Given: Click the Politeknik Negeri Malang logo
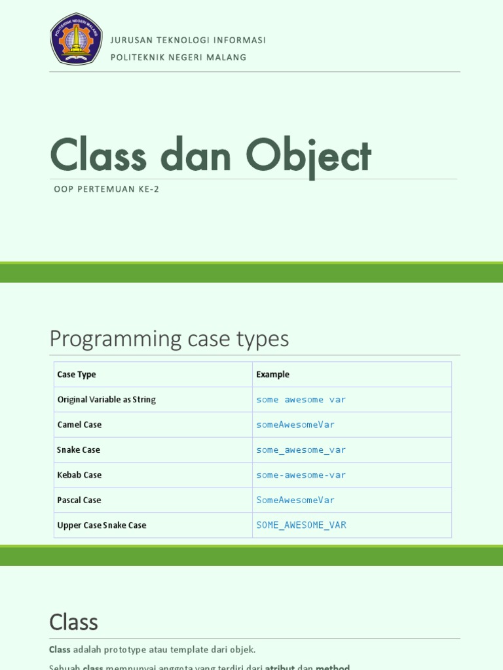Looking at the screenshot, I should (x=77, y=39).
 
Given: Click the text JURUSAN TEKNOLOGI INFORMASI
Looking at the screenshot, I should (x=188, y=40).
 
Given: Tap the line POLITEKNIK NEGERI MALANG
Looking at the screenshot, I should (x=178, y=58).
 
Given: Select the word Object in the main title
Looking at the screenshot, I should (x=308, y=156).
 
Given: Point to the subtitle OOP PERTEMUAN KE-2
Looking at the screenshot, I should (x=107, y=190).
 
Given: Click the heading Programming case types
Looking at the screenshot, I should (x=169, y=339).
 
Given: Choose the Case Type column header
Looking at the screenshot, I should (x=77, y=375).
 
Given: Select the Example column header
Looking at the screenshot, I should (x=272, y=375).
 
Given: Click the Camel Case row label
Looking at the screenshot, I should (x=79, y=425).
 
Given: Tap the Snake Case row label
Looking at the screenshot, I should (x=79, y=450).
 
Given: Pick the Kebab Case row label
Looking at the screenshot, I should (x=79, y=475).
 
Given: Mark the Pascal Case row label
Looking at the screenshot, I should (x=79, y=501).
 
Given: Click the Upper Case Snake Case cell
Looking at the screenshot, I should (x=102, y=525).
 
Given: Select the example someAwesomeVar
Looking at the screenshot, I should (x=295, y=425).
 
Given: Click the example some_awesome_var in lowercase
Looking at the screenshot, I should (x=301, y=450).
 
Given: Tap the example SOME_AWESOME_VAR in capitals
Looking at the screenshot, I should (x=301, y=525).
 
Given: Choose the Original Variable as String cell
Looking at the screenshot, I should (x=106, y=400).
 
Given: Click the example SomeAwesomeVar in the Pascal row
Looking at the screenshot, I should (x=295, y=501).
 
